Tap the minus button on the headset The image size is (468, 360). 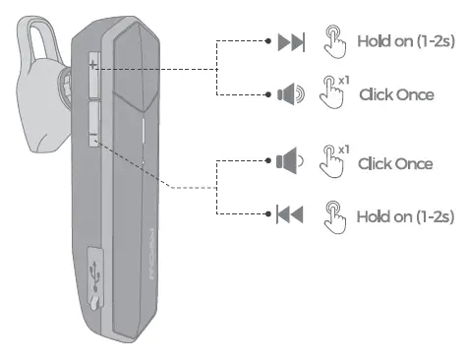(92, 140)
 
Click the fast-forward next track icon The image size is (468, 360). (292, 43)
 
